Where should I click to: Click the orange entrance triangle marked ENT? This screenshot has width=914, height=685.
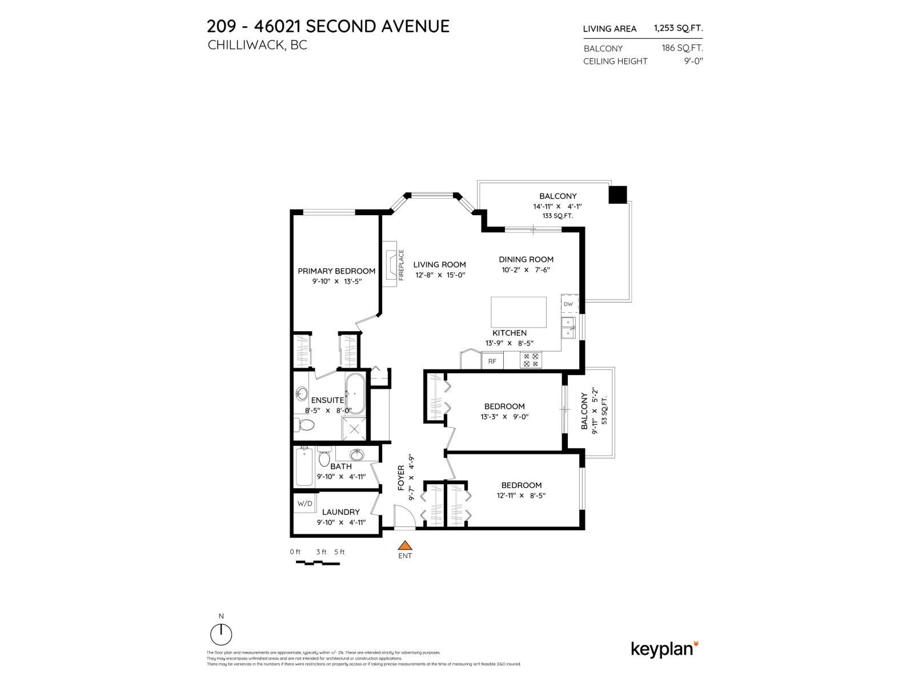click(404, 545)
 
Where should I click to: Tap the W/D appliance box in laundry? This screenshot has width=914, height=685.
click(304, 503)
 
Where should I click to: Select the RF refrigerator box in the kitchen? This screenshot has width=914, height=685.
click(492, 361)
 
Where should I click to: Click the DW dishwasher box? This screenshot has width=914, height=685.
click(568, 304)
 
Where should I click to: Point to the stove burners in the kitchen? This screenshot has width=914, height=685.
click(531, 360)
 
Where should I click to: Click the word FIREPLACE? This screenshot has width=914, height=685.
click(401, 264)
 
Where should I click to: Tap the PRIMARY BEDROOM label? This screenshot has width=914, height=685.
click(336, 271)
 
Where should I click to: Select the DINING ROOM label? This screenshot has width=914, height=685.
click(526, 259)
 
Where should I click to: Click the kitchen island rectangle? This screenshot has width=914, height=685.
click(519, 312)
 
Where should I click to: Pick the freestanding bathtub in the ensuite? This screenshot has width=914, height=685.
click(355, 393)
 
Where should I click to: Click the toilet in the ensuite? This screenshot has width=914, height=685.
click(304, 425)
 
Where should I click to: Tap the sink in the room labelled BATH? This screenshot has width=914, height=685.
click(357, 455)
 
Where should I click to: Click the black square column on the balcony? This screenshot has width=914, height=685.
click(618, 195)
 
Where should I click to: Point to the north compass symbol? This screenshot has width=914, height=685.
click(221, 634)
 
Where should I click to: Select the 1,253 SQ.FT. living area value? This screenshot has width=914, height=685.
click(678, 28)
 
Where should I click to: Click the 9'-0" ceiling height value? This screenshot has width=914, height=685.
click(693, 61)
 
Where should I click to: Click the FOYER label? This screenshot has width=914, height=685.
click(401, 478)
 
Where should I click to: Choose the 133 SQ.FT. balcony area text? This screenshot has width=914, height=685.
click(558, 216)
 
